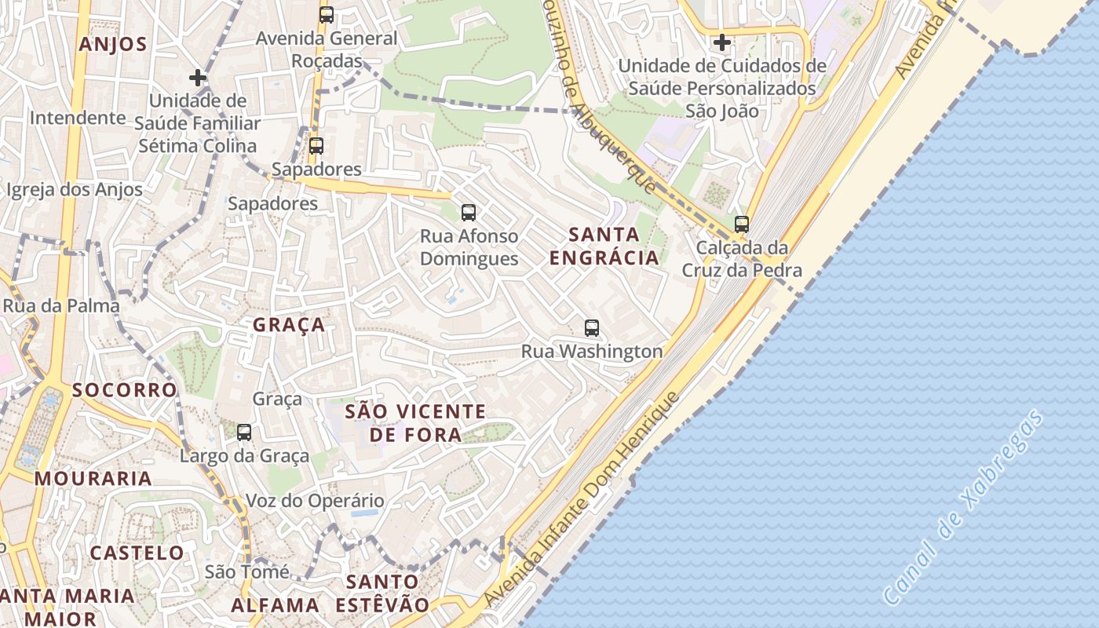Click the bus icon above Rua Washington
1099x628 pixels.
click(x=592, y=328)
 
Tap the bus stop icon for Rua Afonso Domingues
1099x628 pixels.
click(x=469, y=212)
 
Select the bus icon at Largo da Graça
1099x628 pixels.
click(x=244, y=432)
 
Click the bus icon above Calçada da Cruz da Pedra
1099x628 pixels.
click(x=741, y=225)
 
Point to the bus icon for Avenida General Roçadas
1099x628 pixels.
click(x=326, y=14)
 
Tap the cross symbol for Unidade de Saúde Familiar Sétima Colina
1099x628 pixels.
click(x=198, y=78)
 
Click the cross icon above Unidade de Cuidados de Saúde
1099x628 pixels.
click(x=721, y=42)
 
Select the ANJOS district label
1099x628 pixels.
click(x=113, y=44)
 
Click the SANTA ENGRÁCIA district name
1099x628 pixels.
click(x=604, y=246)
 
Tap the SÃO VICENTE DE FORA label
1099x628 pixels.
click(x=416, y=422)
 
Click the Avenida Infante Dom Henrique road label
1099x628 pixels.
click(x=581, y=499)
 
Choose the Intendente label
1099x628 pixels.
click(x=78, y=118)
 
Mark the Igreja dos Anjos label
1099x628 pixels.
click(x=75, y=189)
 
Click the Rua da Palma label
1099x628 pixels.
click(x=61, y=305)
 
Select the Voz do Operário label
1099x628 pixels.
click(x=315, y=501)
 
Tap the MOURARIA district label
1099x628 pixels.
click(x=93, y=478)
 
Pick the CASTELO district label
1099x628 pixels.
click(x=137, y=553)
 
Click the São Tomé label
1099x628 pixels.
click(x=246, y=571)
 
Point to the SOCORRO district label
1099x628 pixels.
click(x=125, y=390)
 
